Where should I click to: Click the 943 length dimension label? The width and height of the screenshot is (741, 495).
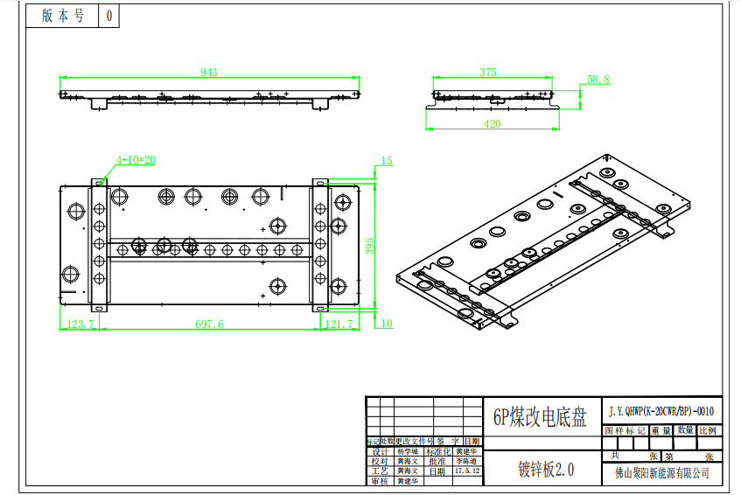pyautogui.click(x=208, y=73)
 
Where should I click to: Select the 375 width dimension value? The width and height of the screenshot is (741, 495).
pyautogui.click(x=488, y=73)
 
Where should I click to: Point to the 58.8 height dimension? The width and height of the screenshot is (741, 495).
pyautogui.click(x=598, y=80)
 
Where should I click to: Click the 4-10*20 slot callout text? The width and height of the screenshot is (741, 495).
pyautogui.click(x=136, y=160)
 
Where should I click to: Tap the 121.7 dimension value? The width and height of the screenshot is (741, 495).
pyautogui.click(x=339, y=324)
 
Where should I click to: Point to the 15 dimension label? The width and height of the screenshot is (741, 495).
pyautogui.click(x=387, y=161)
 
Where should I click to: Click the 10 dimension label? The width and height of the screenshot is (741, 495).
pyautogui.click(x=387, y=324)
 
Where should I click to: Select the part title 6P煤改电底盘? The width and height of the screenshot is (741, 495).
pyautogui.click(x=540, y=417)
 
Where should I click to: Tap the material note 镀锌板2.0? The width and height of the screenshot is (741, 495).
pyautogui.click(x=541, y=470)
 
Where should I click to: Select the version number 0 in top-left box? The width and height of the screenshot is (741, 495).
pyautogui.click(x=108, y=16)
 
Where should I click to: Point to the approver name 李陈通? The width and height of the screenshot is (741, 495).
pyautogui.click(x=466, y=461)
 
